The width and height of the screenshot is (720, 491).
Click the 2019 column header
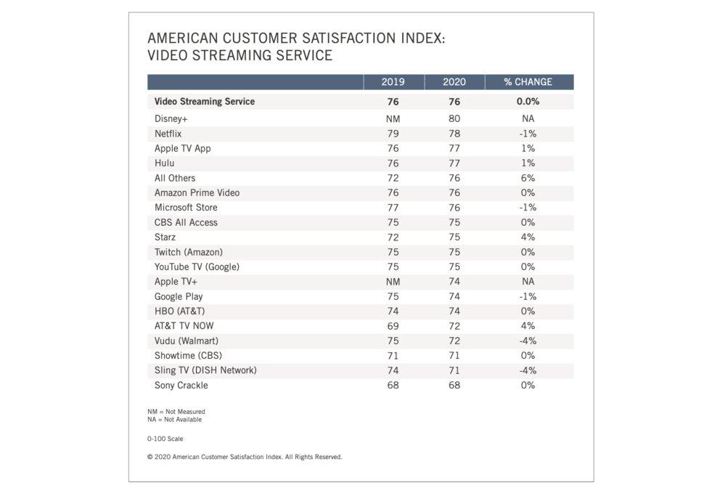393,82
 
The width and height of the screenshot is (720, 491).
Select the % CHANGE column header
528,82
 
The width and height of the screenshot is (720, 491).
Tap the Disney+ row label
171,118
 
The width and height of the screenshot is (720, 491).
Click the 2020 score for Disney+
454,118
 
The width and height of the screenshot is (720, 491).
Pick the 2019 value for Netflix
393,134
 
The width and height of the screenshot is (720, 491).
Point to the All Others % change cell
528,178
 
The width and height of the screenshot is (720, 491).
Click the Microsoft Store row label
186,208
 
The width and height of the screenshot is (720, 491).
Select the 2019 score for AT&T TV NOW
393,326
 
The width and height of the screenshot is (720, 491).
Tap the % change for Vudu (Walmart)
528,341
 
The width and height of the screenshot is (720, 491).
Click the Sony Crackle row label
181,385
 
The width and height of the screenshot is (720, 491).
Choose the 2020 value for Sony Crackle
454,385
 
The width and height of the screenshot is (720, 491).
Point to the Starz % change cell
528,238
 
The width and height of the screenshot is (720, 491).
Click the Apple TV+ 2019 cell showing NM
393,282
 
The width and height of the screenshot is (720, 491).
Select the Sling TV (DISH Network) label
205,370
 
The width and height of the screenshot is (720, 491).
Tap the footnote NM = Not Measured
176,412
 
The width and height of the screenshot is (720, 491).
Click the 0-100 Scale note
165,439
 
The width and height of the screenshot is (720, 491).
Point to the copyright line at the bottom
245,457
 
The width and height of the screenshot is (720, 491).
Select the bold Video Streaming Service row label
205,102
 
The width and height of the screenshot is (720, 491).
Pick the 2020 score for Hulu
454,163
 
